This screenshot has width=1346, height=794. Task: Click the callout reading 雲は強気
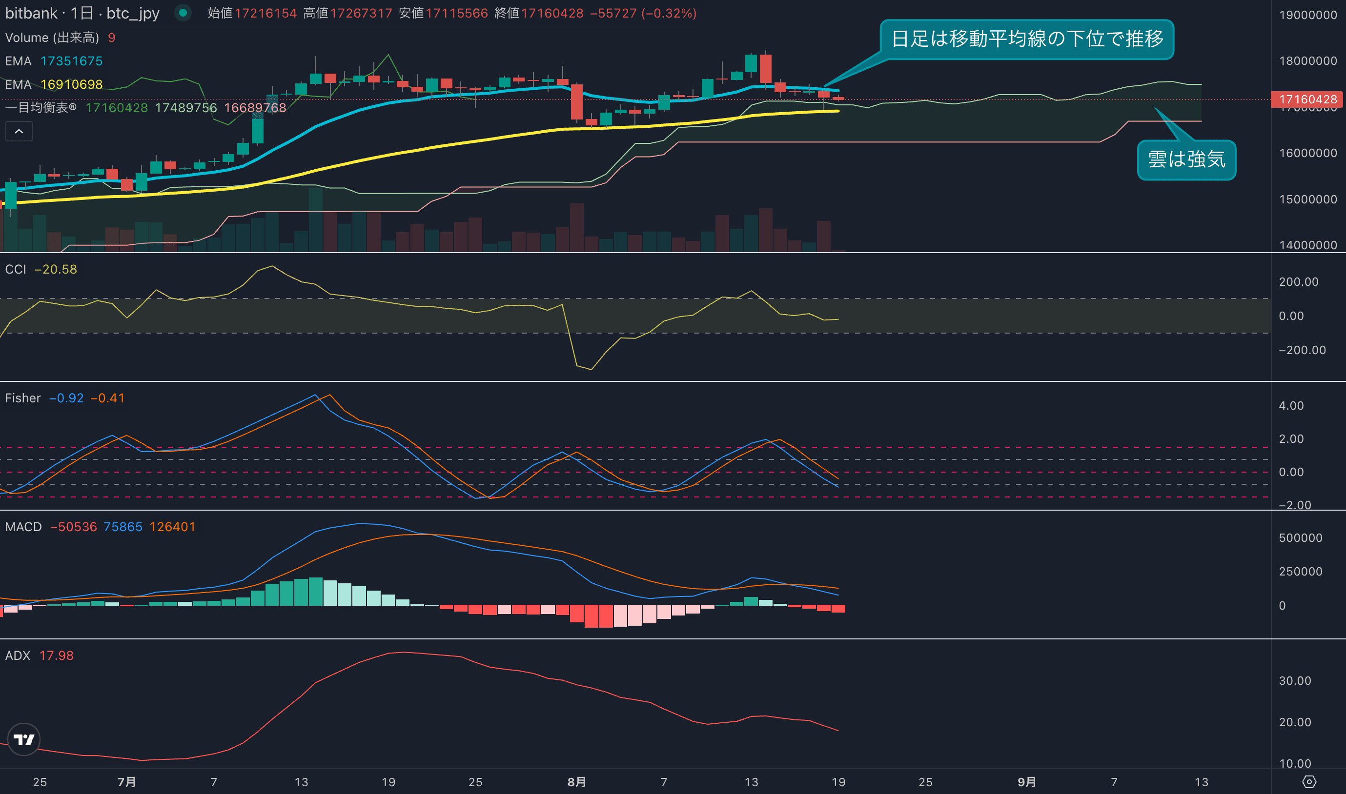click(x=1186, y=159)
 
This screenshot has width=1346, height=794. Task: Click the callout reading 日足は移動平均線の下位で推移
click(x=1026, y=39)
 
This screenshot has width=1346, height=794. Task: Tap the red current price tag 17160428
click(x=1307, y=99)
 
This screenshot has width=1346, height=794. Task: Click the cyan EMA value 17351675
click(x=71, y=61)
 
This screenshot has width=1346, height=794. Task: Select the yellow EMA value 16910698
click(x=71, y=84)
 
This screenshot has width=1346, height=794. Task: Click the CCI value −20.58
click(x=55, y=269)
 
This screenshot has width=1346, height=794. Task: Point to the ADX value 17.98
click(x=56, y=655)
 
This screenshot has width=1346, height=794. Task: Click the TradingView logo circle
click(x=23, y=739)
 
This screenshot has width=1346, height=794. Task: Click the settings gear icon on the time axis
click(x=1308, y=782)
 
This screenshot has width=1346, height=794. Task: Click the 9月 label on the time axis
click(x=1026, y=782)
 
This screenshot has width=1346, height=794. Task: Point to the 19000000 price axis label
click(x=1307, y=15)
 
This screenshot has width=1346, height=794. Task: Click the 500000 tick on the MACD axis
click(x=1300, y=538)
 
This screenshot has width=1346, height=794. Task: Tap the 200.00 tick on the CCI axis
click(x=1298, y=282)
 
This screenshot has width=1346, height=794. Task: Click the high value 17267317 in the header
click(x=361, y=13)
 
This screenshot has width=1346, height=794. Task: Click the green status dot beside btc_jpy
click(x=183, y=13)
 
